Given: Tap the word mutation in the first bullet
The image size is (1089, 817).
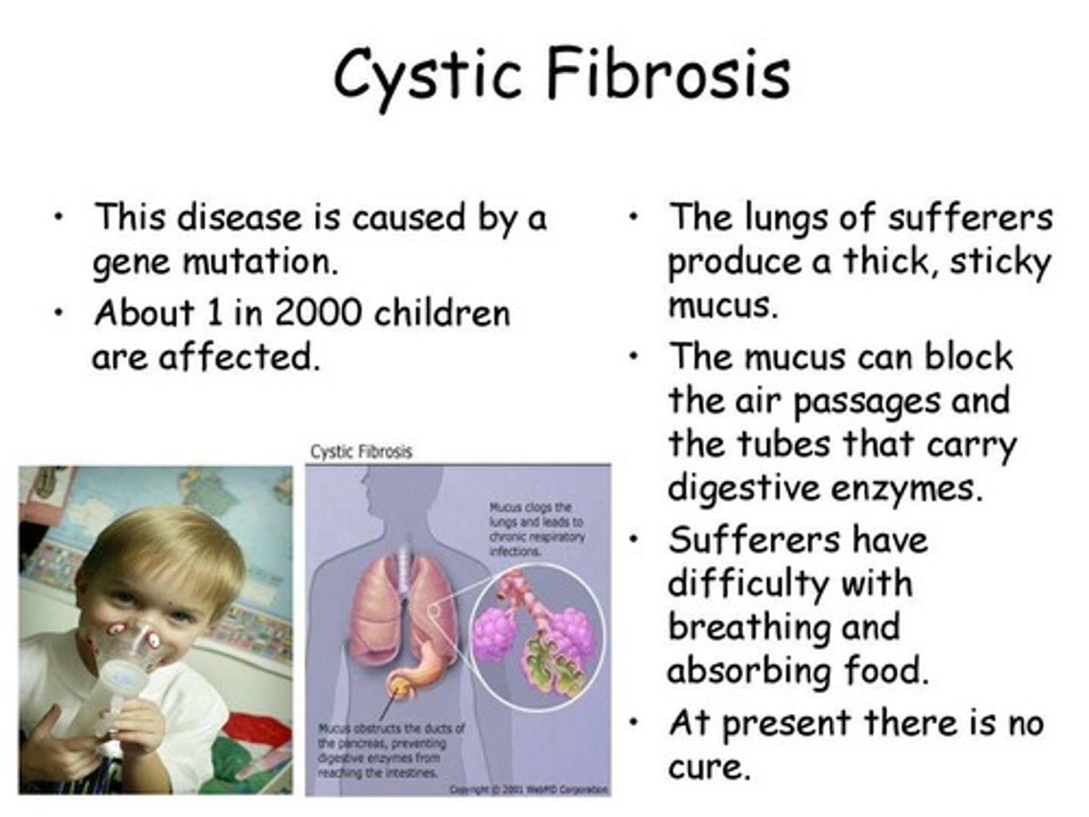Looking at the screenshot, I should [257, 262].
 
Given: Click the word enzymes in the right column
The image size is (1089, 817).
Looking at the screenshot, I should [907, 488].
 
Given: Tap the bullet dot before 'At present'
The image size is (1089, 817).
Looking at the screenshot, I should [634, 722].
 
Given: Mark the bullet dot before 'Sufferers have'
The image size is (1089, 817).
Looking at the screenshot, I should [634, 539].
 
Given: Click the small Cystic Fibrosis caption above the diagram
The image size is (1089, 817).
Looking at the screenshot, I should [361, 452].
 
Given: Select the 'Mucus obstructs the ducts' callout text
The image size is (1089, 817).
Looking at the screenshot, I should [389, 750].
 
